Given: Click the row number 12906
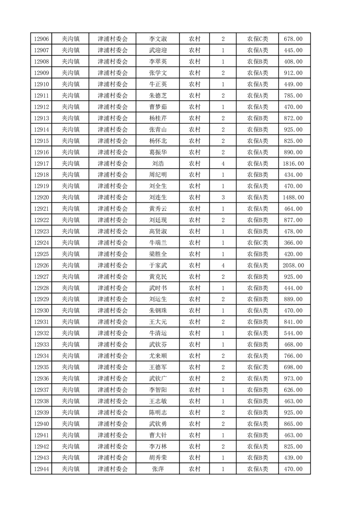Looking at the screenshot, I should [x=41, y=39].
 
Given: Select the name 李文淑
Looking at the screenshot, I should [x=158, y=39].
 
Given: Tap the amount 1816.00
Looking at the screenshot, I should [x=293, y=163].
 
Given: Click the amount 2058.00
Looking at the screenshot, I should [x=293, y=265].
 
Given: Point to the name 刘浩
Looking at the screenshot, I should [x=158, y=163].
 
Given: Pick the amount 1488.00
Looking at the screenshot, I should [x=293, y=197].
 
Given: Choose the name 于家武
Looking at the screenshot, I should [x=158, y=265].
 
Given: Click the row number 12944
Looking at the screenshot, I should [x=41, y=469].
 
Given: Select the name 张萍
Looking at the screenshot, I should [x=158, y=469].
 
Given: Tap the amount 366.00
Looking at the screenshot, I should [x=293, y=243].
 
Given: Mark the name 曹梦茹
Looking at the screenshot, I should [x=158, y=107].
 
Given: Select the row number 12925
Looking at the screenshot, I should [x=41, y=254].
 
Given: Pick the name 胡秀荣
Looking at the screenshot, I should [x=158, y=458].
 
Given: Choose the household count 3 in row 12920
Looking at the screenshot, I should [x=223, y=197].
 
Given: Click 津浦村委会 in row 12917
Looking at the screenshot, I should [x=113, y=163].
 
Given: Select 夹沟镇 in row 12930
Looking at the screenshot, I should [x=70, y=311].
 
